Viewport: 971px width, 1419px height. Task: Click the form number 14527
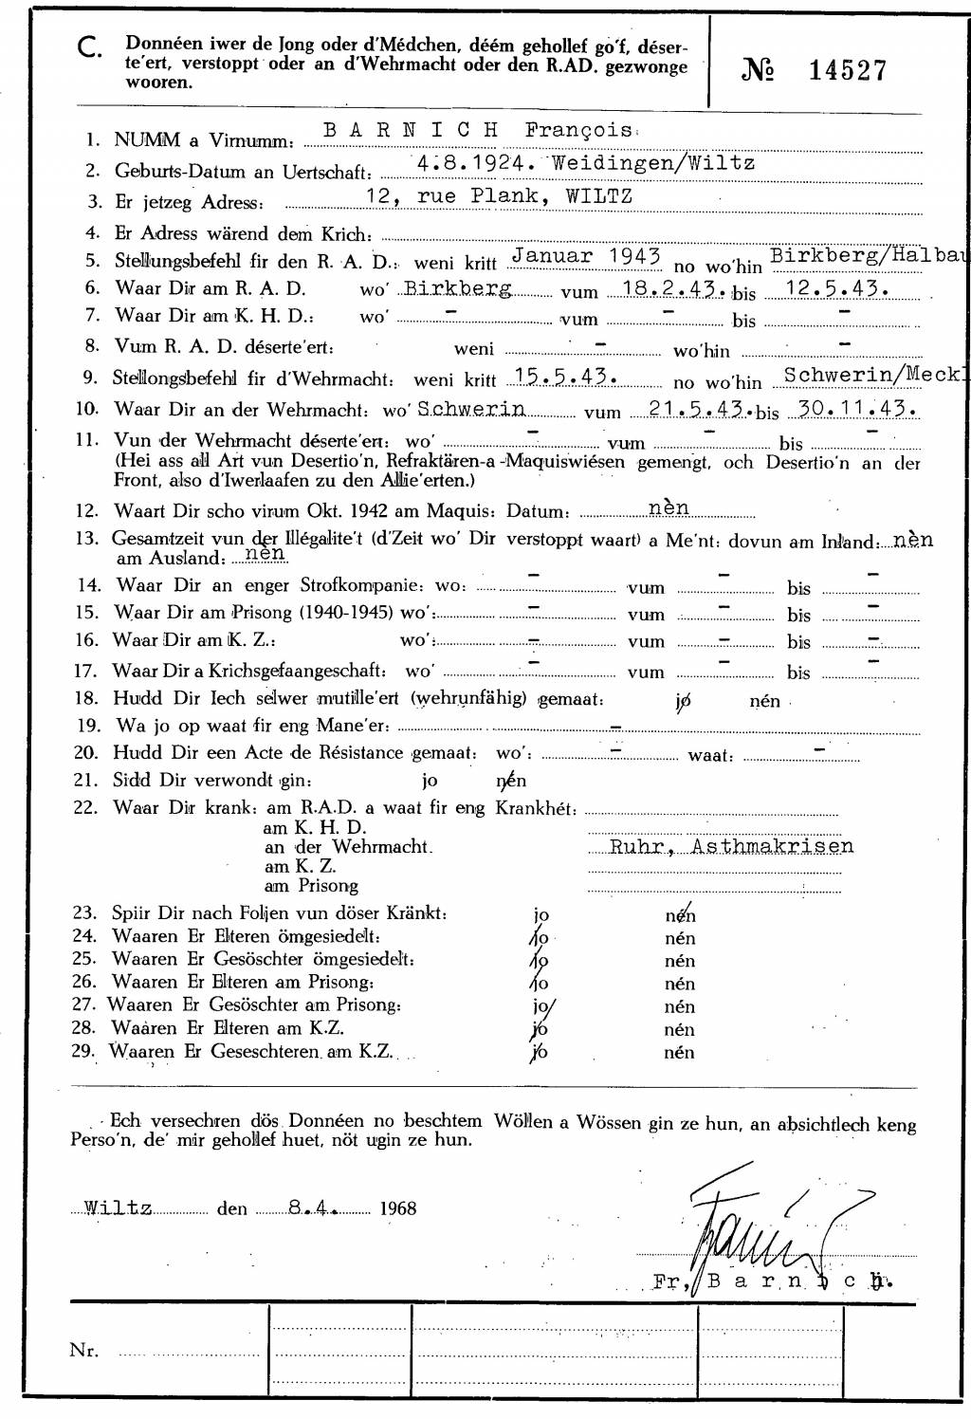click(848, 70)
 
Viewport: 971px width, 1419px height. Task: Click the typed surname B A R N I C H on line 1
click(411, 131)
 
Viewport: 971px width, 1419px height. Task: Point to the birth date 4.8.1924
click(471, 163)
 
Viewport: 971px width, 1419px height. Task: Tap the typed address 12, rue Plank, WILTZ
click(499, 196)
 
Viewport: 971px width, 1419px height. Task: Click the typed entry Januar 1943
click(585, 256)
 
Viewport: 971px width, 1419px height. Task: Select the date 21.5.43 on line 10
click(700, 409)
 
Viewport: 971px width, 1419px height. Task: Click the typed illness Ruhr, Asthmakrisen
click(731, 846)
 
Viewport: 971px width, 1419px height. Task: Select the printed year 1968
click(397, 1208)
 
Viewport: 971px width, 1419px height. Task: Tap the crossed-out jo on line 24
click(540, 938)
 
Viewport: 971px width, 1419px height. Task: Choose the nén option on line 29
click(679, 1052)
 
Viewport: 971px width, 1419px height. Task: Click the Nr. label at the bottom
click(83, 1351)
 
